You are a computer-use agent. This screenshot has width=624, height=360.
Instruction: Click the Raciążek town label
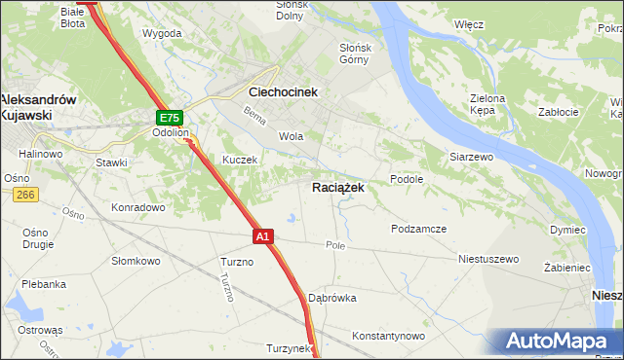(x=338, y=188)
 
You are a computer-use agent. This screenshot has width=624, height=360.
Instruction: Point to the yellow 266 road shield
(x=25, y=195)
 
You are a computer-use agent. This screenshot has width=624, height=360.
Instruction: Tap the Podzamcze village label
(x=418, y=229)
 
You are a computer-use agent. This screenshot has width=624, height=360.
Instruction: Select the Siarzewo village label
(x=472, y=156)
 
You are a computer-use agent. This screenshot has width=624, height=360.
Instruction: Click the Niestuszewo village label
(x=488, y=260)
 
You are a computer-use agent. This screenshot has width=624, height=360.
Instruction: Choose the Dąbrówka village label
(x=331, y=298)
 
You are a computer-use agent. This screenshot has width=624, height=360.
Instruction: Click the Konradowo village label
(x=137, y=207)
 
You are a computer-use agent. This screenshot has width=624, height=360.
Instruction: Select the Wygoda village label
(x=162, y=33)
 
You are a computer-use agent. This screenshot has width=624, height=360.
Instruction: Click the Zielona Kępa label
(x=487, y=105)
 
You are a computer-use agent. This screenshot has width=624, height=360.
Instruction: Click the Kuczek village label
(x=239, y=160)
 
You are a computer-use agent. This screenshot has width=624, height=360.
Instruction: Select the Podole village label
(x=406, y=179)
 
